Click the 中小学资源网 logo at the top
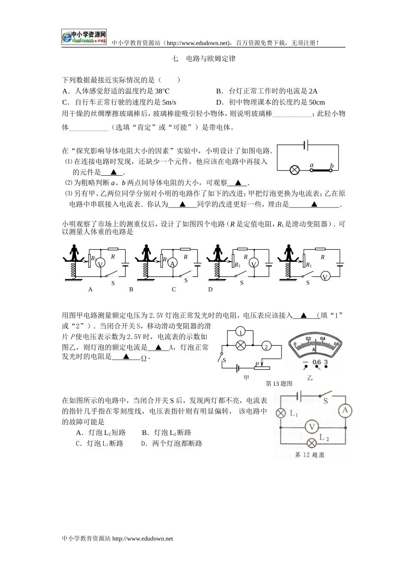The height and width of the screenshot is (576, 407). click(84, 37)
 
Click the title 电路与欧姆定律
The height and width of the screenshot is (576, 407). click(211, 59)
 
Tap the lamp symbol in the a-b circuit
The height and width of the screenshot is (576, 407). click(294, 170)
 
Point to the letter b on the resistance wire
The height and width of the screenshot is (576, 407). click(332, 166)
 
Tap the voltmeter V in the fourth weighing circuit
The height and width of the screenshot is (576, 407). click(325, 277)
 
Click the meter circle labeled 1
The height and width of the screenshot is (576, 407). click(241, 333)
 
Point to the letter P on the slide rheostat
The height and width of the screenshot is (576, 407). click(257, 364)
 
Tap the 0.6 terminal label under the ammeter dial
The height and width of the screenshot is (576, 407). click(317, 362)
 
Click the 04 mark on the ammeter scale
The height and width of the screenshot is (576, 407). click(323, 338)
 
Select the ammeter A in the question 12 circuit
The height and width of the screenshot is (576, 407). click(345, 411)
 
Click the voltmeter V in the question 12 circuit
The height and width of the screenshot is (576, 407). click(312, 427)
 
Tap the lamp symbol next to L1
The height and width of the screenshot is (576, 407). click(281, 413)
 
